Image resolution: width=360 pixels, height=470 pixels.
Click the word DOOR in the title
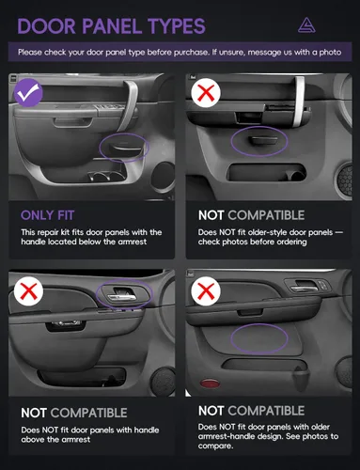pos(47,26)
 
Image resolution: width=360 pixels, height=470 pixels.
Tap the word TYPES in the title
pos(177,26)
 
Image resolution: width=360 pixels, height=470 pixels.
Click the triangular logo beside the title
pos(306,25)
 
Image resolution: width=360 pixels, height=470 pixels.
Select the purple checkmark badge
pos(28,93)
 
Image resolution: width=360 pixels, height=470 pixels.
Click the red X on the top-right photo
pos(206,93)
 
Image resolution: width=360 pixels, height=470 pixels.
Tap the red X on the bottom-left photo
pos(28,291)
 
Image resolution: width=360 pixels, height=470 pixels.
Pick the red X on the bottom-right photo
pos(206,291)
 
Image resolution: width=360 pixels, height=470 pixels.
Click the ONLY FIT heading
pos(48,215)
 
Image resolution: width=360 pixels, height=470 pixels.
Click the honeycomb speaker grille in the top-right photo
pos(345,179)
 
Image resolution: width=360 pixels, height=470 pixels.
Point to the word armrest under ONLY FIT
pos(133,242)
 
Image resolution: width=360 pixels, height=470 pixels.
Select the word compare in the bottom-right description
pos(215,446)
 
